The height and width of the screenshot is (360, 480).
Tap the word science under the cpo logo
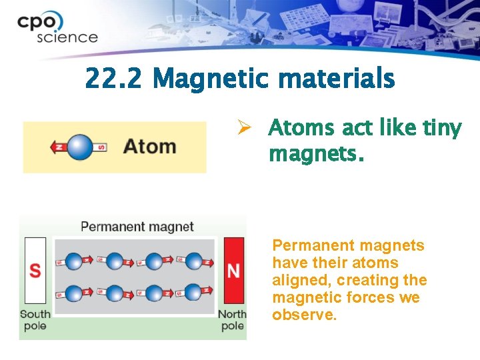click(x=67, y=37)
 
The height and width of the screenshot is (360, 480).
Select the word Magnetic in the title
click(x=213, y=80)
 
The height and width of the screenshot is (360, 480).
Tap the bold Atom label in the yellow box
click(x=150, y=146)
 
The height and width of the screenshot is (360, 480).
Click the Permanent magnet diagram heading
click(x=137, y=227)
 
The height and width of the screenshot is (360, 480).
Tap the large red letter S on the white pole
click(x=35, y=271)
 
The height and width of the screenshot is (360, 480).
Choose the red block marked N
click(x=233, y=271)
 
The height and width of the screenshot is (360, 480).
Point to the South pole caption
click(x=35, y=319)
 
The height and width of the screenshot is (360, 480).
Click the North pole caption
click(x=233, y=319)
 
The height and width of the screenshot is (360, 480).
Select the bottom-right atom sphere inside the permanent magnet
click(x=194, y=292)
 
